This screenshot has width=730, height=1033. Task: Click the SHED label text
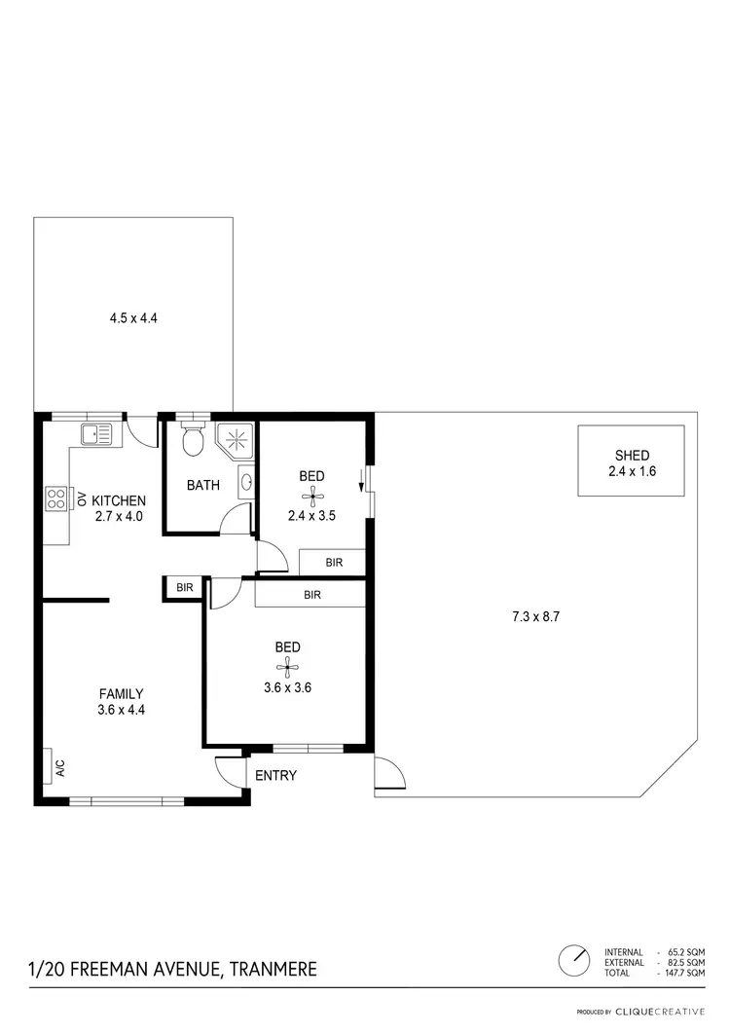tap(631, 455)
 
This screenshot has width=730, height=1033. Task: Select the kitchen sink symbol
tap(96, 433)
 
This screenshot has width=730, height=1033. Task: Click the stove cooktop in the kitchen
tap(55, 499)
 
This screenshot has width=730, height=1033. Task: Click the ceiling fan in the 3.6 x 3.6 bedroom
tap(286, 667)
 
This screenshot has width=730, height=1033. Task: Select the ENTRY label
tap(275, 776)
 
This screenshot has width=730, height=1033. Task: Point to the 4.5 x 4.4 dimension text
tap(133, 316)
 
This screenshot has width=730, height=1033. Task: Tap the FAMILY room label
tap(122, 693)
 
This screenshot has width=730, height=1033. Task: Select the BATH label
tap(202, 485)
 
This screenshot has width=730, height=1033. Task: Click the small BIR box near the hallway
tap(184, 588)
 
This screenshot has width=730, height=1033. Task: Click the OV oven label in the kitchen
tap(82, 498)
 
